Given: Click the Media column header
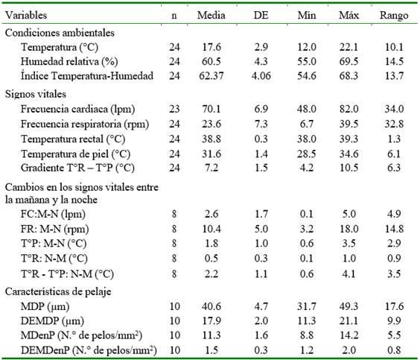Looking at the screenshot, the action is click(211, 15).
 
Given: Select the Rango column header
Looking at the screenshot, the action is click(394, 15).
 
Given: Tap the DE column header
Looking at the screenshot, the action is click(261, 15).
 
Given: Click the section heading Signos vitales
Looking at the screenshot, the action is click(36, 94).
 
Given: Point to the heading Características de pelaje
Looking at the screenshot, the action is click(58, 291).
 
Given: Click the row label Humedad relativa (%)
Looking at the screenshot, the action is click(69, 61).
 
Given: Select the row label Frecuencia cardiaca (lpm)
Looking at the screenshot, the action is click(77, 109).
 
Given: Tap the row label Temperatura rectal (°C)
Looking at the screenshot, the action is click(73, 139).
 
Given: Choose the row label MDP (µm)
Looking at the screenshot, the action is click(45, 306).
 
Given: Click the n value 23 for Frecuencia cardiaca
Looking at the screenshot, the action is click(174, 109).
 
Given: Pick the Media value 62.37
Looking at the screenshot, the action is click(211, 75).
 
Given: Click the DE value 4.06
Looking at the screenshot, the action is click(261, 75).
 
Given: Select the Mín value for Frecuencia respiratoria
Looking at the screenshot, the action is click(307, 124).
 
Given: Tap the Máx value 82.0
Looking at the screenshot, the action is click(349, 109).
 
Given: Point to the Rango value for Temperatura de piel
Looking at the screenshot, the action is click(394, 154).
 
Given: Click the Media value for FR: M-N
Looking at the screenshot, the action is click(211, 229).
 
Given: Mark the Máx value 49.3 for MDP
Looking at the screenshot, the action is click(349, 306).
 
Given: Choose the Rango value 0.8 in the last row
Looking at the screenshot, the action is click(394, 350).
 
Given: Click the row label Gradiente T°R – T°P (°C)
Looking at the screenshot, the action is click(77, 168).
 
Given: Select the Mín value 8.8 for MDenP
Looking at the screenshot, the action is click(307, 335).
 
